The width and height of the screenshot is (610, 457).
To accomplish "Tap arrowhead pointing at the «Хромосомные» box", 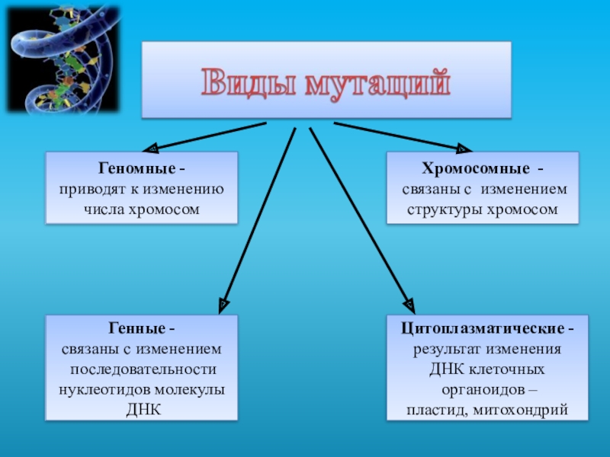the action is (x=463, y=148).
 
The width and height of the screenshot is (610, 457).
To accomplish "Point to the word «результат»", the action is (x=445, y=350).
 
